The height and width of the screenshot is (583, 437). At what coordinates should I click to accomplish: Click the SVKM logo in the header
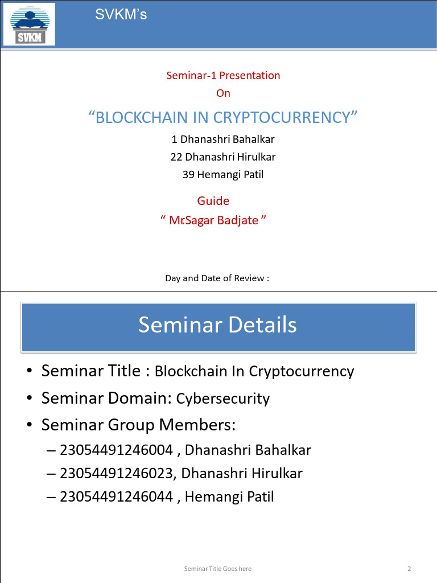(x=29, y=24)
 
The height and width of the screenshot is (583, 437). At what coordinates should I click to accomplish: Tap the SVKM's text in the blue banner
(x=121, y=15)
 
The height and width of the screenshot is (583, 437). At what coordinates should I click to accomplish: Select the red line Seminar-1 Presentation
(x=223, y=75)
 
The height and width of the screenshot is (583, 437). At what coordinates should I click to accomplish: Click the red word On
(x=223, y=93)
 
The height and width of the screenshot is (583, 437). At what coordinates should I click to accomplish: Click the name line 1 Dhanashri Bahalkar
(x=223, y=139)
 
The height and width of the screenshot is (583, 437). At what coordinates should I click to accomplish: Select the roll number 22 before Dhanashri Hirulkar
(x=176, y=157)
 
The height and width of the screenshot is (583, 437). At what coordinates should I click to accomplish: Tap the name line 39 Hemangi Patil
(x=223, y=175)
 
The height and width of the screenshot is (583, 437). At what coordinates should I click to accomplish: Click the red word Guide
(x=213, y=200)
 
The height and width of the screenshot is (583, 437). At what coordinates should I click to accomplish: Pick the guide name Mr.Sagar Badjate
(x=214, y=220)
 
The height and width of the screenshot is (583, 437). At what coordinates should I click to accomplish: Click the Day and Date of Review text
(x=217, y=278)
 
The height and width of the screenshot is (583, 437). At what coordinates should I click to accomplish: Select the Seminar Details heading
(x=217, y=325)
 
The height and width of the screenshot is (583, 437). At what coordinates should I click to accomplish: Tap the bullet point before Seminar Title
(x=30, y=372)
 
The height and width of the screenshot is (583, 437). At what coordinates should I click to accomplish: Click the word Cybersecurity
(x=223, y=399)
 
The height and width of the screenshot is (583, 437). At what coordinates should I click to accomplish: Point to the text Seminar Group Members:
(x=138, y=425)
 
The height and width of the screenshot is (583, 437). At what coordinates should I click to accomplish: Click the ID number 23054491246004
(x=116, y=450)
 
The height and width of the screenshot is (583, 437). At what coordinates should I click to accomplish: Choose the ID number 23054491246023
(x=116, y=473)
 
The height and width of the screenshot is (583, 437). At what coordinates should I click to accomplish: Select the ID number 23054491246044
(x=116, y=497)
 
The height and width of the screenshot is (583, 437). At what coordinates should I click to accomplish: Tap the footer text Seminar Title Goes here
(x=217, y=569)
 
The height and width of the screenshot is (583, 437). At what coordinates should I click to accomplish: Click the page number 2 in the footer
(x=409, y=569)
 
